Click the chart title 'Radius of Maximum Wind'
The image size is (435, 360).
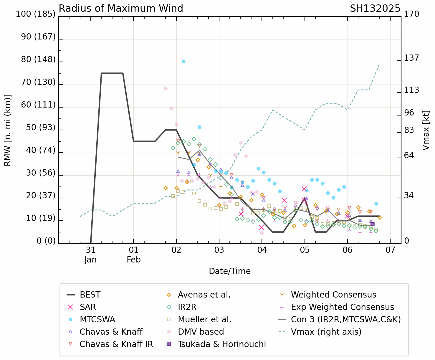point(121,9)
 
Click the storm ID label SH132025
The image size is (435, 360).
point(375,9)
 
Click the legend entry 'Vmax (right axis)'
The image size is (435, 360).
point(326,332)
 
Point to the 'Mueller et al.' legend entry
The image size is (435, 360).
point(204,320)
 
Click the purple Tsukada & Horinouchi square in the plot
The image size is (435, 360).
point(372,224)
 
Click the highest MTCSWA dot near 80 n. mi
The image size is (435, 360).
point(183,61)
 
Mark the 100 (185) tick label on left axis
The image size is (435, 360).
point(36,14)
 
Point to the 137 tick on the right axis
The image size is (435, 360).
point(411,58)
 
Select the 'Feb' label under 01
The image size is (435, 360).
point(134,260)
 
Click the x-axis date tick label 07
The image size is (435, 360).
point(390,250)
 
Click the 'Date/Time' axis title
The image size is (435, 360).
point(230,271)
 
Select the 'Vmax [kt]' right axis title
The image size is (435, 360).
point(426,130)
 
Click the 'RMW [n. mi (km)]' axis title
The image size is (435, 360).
point(8,130)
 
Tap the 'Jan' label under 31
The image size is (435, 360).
point(90,260)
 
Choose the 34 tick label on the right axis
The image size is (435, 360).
point(409,196)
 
